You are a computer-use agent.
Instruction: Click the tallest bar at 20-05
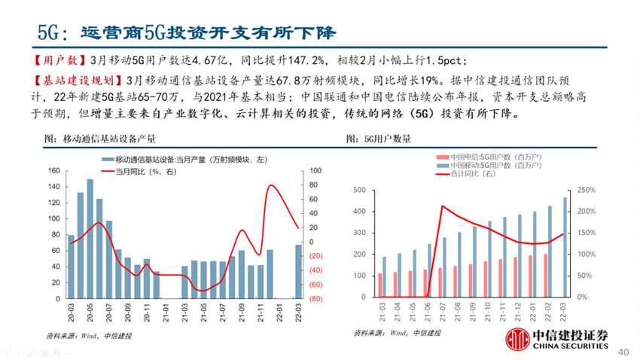(90, 239)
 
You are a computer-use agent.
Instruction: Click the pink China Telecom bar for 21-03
(380, 285)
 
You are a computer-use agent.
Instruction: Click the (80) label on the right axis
(316, 299)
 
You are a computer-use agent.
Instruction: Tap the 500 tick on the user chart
(360, 190)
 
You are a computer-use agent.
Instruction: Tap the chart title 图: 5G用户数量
(378, 138)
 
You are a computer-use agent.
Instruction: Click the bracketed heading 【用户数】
(59, 59)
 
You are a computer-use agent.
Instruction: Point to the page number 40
(623, 351)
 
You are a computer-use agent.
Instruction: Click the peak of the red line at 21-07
(443, 206)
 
